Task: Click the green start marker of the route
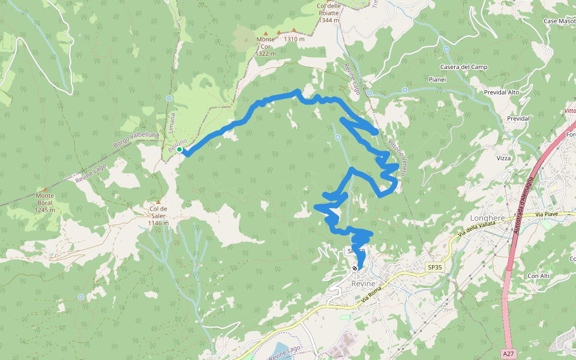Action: tap(179, 149)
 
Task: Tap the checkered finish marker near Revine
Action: tap(356, 268)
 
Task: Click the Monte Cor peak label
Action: tap(265, 46)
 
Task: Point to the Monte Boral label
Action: tap(45, 203)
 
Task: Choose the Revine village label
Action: tap(364, 283)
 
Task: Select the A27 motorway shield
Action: tap(509, 354)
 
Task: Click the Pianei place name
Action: tap(437, 79)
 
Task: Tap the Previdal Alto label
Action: tap(502, 92)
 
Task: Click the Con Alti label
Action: tap(538, 275)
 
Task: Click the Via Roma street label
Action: tap(372, 294)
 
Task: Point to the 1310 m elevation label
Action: tap(295, 39)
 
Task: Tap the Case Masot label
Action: tap(559, 21)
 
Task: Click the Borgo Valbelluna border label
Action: tap(136, 140)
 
